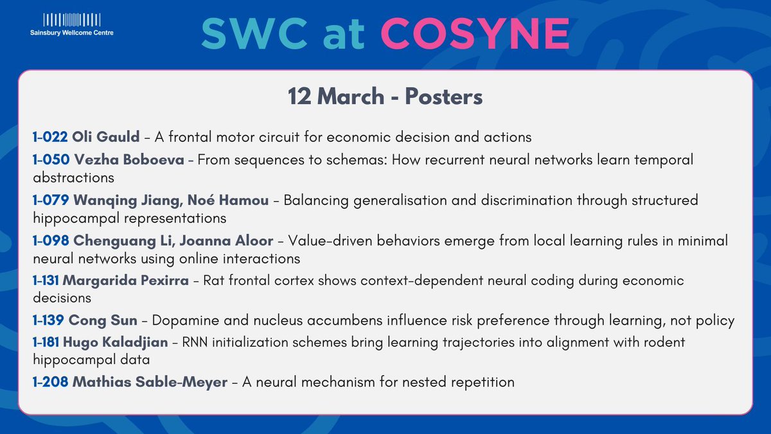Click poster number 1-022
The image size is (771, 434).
(x=50, y=136)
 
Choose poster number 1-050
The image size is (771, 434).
(x=50, y=159)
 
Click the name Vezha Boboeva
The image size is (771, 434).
(x=129, y=159)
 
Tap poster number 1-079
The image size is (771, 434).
(x=50, y=200)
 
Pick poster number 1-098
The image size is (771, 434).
(x=50, y=240)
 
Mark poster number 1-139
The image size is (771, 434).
(x=49, y=321)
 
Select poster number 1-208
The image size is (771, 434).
(x=50, y=382)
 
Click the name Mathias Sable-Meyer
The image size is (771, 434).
(x=150, y=382)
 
